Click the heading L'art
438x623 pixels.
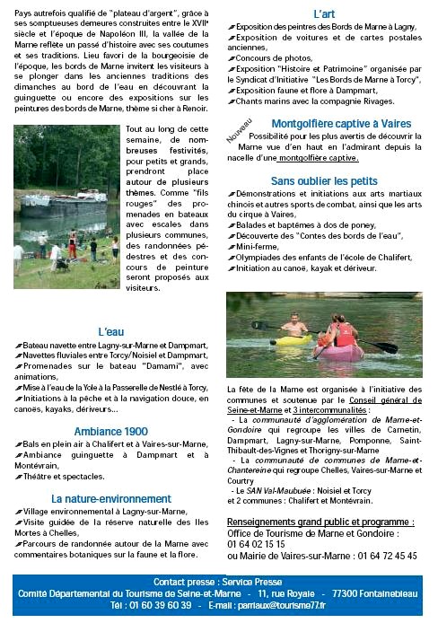click(x=324, y=14)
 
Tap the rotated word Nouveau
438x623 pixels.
click(x=239, y=133)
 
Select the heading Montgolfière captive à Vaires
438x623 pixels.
click(x=328, y=123)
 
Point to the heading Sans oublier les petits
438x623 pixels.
click(x=324, y=181)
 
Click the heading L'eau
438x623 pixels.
click(x=112, y=332)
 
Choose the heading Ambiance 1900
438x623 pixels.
click(x=112, y=432)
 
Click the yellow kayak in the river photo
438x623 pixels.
click(x=293, y=340)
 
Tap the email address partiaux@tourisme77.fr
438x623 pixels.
click(x=293, y=605)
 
